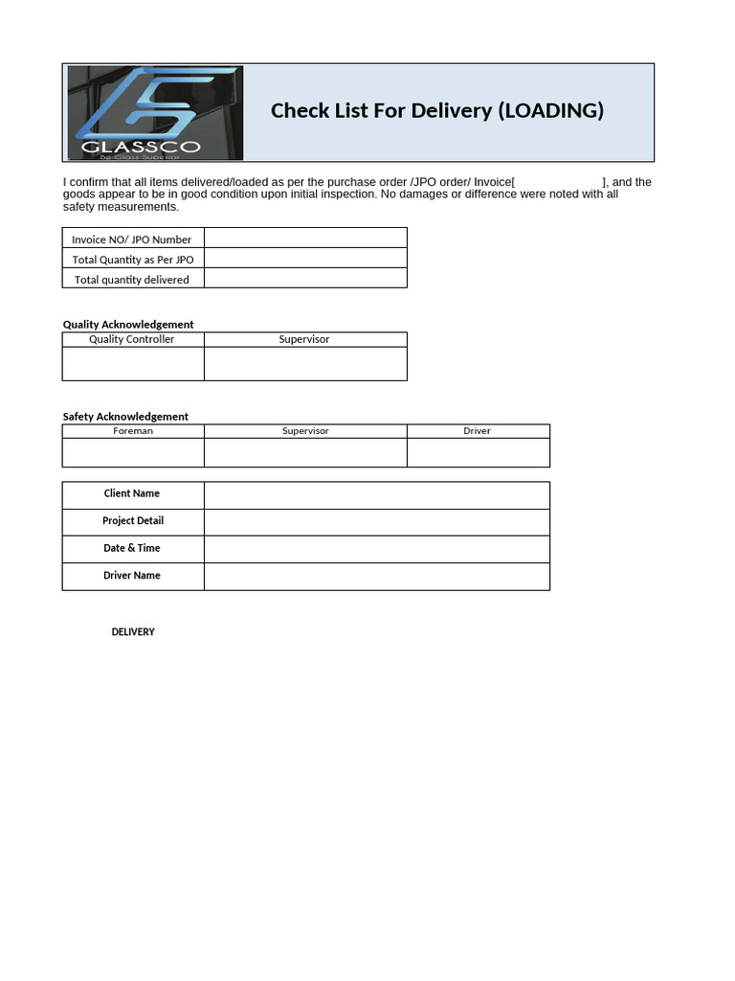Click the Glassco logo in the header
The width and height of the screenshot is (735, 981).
point(155,112)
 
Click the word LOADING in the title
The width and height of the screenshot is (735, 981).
point(551,110)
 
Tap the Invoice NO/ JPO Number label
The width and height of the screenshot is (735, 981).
point(132,240)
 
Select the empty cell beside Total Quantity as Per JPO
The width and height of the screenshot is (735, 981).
point(305,259)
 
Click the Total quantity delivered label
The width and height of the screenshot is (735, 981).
point(132,280)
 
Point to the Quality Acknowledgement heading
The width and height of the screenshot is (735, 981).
point(128,325)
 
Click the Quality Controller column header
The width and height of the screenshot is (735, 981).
point(132,339)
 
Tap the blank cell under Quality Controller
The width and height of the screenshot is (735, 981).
point(133,364)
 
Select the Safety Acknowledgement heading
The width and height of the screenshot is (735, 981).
point(125,417)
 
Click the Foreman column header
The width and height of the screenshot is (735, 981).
point(133,431)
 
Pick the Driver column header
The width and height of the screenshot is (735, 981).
point(477,431)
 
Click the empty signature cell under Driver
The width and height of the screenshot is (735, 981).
point(478,452)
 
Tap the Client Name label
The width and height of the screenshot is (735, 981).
point(132,493)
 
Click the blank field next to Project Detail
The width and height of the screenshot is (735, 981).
point(376,522)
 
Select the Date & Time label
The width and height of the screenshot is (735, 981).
point(132,548)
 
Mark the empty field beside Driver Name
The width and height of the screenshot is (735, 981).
point(376,577)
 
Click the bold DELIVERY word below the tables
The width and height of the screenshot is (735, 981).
point(133,632)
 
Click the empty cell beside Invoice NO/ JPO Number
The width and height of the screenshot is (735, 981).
point(305,239)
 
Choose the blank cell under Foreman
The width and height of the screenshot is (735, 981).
point(133,452)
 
